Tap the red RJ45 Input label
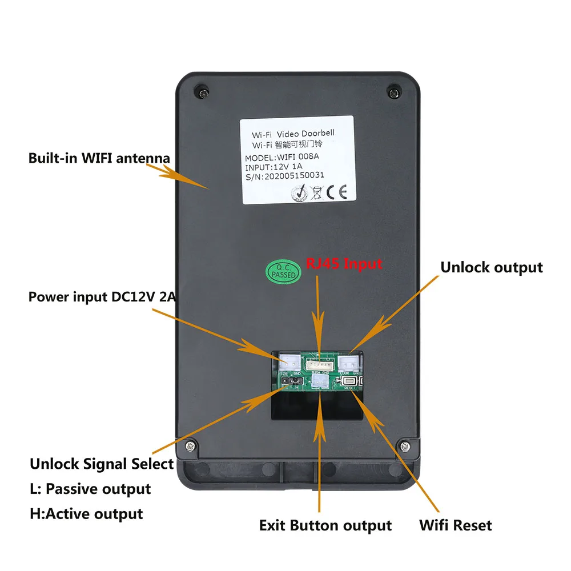pos(344,263)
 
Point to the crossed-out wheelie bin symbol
pos(315,193)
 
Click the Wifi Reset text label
pos(455,525)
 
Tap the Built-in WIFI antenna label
pos(99,158)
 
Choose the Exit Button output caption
pos(325,525)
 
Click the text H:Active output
pos(86,513)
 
